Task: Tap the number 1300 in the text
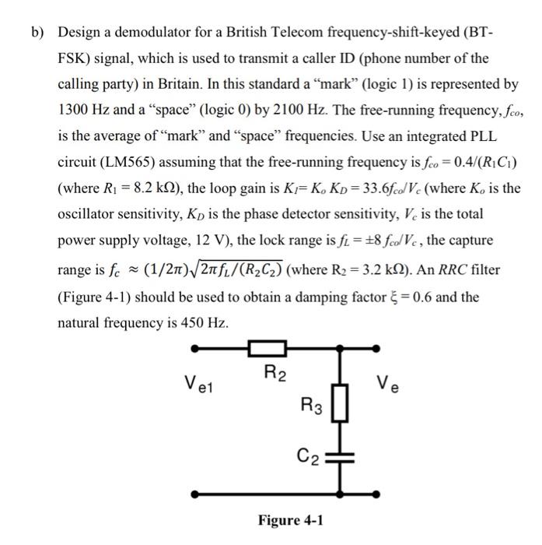[73, 110]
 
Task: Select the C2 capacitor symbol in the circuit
[340, 457]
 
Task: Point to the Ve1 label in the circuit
[200, 382]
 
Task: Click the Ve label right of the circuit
[386, 382]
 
